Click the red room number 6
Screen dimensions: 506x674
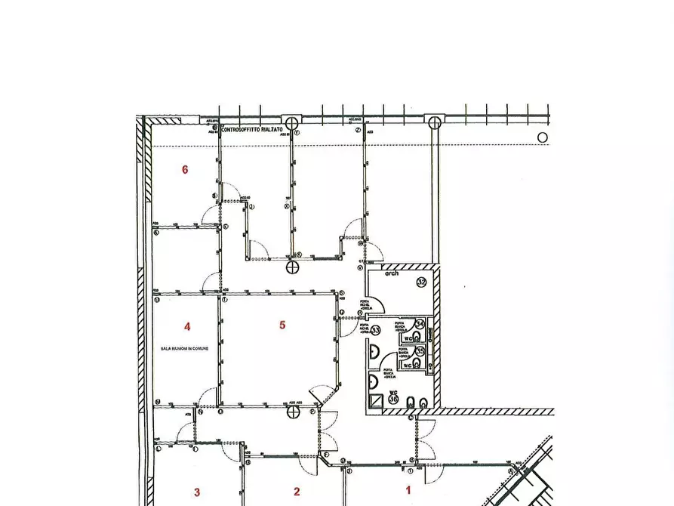(x=185, y=169)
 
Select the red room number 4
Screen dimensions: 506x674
(x=187, y=326)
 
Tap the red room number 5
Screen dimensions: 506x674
(x=282, y=326)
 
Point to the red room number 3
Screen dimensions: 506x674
(x=197, y=492)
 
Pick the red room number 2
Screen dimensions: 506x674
(x=297, y=492)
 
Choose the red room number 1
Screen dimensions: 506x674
(x=408, y=490)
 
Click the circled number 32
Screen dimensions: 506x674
(x=421, y=282)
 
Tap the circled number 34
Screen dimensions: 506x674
(x=409, y=324)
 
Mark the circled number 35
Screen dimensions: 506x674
(x=409, y=351)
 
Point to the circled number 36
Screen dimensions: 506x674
(x=393, y=402)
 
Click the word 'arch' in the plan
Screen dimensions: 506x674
(x=392, y=274)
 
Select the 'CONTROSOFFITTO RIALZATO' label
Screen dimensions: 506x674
(x=253, y=130)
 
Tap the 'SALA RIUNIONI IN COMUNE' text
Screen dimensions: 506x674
(x=186, y=349)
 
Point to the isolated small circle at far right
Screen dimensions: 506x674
(x=542, y=137)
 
